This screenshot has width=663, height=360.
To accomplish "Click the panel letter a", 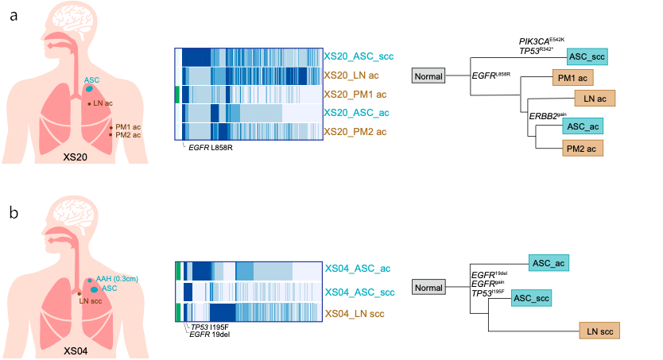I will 14,16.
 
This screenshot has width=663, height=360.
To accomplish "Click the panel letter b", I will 14,213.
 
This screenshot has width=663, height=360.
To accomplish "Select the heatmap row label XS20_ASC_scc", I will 359,56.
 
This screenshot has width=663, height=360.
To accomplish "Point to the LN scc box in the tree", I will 599,330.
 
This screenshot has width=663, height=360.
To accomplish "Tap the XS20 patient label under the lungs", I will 76,157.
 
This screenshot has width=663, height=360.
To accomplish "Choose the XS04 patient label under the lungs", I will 76,348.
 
